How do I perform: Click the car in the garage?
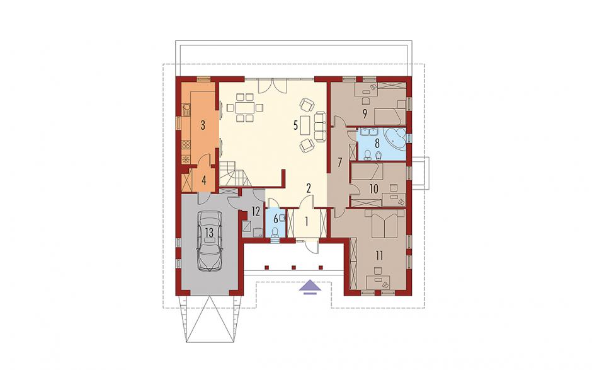point(209,240)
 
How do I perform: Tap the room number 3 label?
point(203,125)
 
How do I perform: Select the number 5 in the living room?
point(296,125)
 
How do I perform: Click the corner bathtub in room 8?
point(395,138)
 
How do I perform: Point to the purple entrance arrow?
point(310,286)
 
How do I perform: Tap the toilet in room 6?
point(275,230)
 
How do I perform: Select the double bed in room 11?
point(384,223)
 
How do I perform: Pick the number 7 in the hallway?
point(339,163)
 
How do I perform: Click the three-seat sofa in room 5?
point(320,126)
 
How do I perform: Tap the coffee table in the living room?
point(305,125)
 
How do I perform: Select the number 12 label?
point(256,211)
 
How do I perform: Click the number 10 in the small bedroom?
point(373,188)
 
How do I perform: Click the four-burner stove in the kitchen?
point(186,144)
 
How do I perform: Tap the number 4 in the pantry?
point(204,180)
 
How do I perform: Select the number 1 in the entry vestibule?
point(307,221)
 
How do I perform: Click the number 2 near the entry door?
point(309,188)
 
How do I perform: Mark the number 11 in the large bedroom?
point(379,255)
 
